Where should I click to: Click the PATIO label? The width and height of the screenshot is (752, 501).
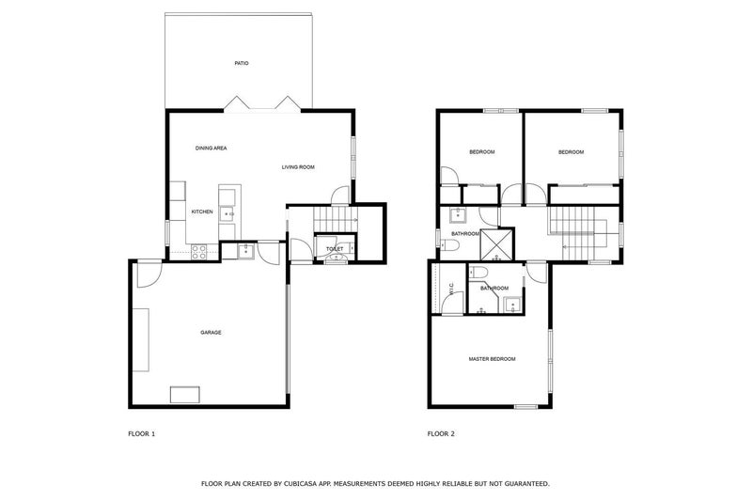pos(242,63)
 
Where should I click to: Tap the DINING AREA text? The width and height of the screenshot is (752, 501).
pos(211,149)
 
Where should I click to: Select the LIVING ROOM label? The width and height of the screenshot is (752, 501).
pos(298,167)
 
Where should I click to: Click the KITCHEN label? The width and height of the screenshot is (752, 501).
pos(202,211)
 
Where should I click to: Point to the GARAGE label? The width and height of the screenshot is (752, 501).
pos(210,332)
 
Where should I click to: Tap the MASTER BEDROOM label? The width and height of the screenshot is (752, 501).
pos(492,359)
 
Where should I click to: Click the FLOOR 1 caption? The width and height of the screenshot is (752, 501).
pos(141,434)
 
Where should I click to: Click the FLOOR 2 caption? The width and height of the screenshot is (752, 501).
pos(441,434)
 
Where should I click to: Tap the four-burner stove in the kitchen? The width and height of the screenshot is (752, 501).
pos(199,251)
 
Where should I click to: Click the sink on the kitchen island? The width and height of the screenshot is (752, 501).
pos(227,212)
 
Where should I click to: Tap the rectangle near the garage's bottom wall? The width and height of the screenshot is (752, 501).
pos(184,394)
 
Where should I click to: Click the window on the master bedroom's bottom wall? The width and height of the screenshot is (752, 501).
pos(525,406)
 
